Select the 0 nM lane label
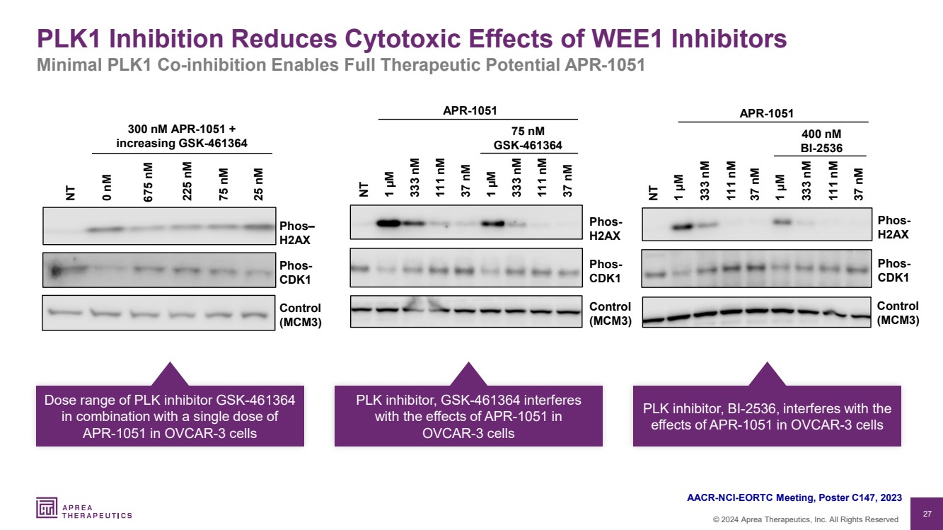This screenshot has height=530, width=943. (107, 190)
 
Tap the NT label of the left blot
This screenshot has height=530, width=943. (70, 193)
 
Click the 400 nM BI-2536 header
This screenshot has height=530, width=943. (821, 140)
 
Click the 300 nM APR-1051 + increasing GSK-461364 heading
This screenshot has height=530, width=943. (182, 137)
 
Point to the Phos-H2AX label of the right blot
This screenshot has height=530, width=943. (893, 228)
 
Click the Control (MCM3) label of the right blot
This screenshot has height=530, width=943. (898, 313)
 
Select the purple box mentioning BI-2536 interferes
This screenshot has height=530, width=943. (767, 416)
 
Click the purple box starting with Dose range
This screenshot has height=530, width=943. (170, 416)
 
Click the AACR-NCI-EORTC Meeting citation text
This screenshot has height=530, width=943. (794, 498)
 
